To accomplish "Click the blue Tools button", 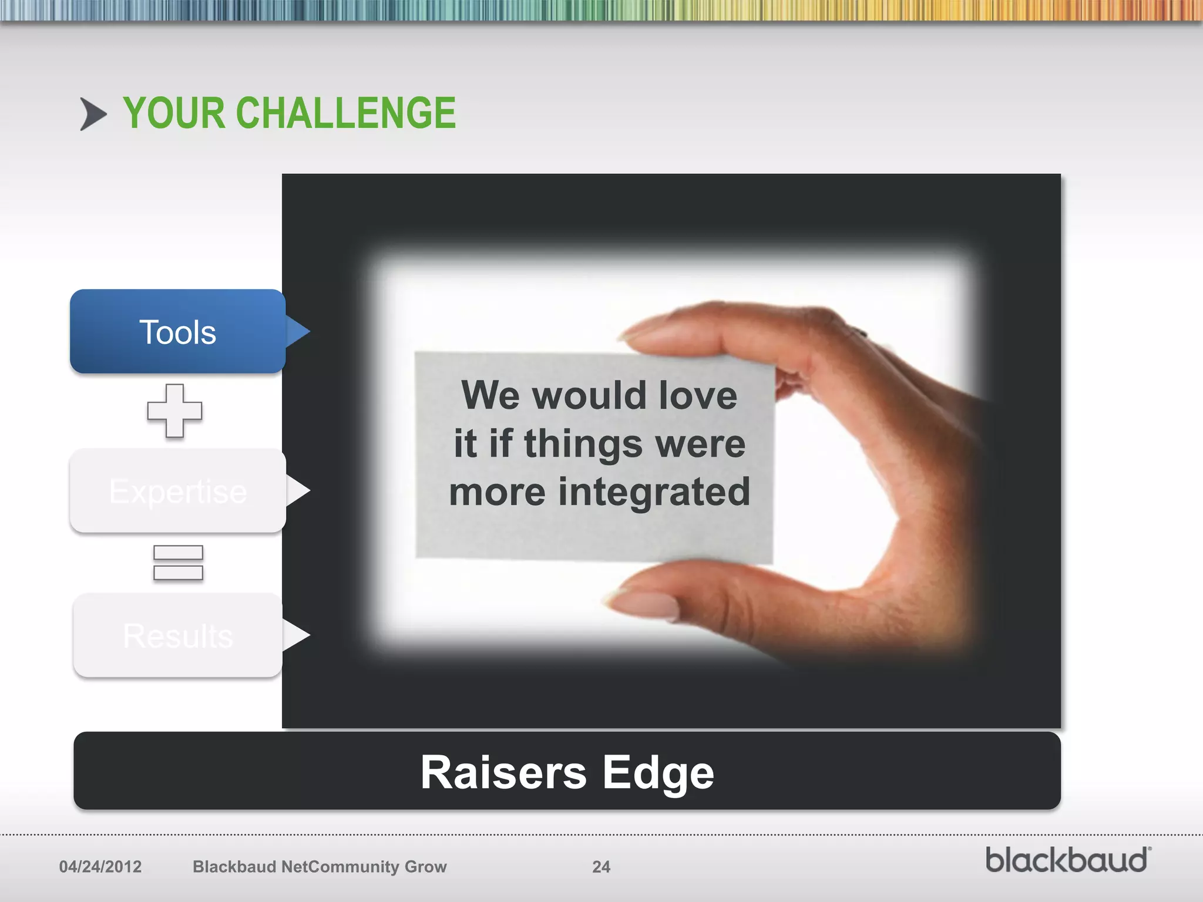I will (177, 332).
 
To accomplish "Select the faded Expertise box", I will (177, 491).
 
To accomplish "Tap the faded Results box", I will (177, 635).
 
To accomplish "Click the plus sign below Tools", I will (174, 410).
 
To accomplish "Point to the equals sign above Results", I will (178, 563).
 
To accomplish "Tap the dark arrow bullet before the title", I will (93, 114).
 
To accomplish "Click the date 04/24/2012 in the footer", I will (100, 867).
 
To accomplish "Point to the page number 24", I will (601, 867).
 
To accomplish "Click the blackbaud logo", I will (1067, 860).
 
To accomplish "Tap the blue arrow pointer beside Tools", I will (297, 331).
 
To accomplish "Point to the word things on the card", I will (583, 444).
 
